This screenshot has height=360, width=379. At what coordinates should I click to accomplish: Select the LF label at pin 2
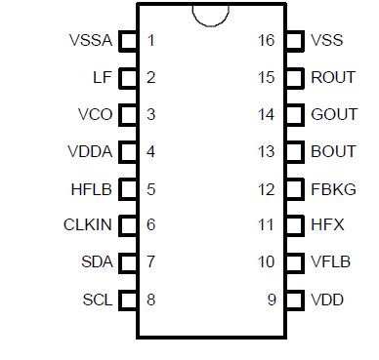tap(102, 78)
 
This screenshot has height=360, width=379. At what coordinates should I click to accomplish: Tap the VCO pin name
tap(95, 115)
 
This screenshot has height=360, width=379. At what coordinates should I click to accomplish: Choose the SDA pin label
tap(97, 262)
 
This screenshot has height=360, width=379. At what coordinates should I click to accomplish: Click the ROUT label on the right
tap(333, 78)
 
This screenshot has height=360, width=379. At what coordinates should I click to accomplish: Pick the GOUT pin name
tap(333, 115)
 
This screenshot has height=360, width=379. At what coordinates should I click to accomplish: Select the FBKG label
tap(333, 188)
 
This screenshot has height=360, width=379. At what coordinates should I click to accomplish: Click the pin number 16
tap(267, 41)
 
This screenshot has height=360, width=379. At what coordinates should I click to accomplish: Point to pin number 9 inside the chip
tap(272, 300)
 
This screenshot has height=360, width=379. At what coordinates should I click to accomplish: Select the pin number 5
tap(150, 188)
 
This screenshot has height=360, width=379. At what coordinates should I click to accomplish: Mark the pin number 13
tap(267, 152)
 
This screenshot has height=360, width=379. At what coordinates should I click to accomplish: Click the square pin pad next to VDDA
tap(128, 152)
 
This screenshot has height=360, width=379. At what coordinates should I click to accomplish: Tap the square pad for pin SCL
tap(128, 300)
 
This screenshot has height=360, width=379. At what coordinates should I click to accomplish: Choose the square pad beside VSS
tap(294, 41)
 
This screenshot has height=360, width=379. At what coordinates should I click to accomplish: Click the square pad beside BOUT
tap(294, 152)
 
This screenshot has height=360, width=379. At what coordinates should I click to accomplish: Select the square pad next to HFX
tap(294, 225)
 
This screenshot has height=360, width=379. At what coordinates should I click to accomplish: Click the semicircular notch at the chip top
tap(210, 13)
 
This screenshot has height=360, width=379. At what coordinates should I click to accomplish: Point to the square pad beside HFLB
tap(128, 188)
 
